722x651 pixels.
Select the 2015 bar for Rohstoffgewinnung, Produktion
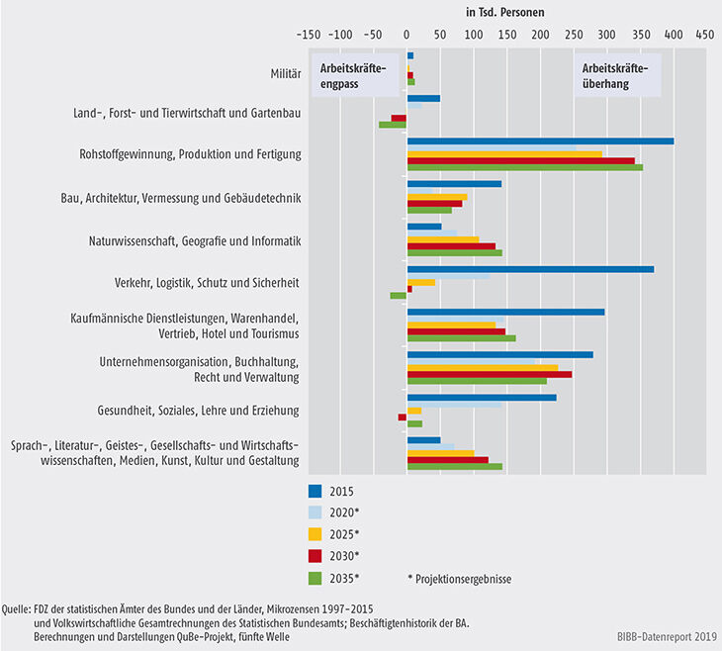tap(540, 140)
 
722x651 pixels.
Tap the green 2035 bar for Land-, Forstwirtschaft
tap(393, 125)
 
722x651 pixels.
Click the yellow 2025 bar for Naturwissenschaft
tap(442, 239)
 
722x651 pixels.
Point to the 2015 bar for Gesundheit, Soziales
tap(482, 397)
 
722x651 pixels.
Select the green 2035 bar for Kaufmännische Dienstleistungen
tap(461, 337)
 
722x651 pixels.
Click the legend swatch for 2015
tap(316, 490)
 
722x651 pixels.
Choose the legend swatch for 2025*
tap(316, 533)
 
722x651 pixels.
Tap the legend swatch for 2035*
tap(316, 577)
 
